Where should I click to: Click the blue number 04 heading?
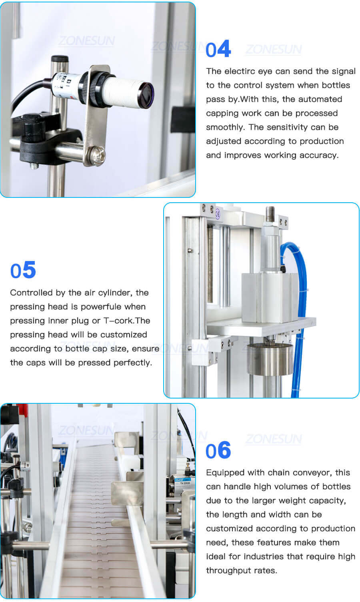tap(218, 49)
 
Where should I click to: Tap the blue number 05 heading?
tap(23, 271)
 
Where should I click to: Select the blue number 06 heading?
tap(218, 451)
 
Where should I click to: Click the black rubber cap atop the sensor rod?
tap(60, 59)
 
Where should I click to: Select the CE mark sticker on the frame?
tap(218, 213)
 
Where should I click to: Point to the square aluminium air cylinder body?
tap(270, 298)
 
